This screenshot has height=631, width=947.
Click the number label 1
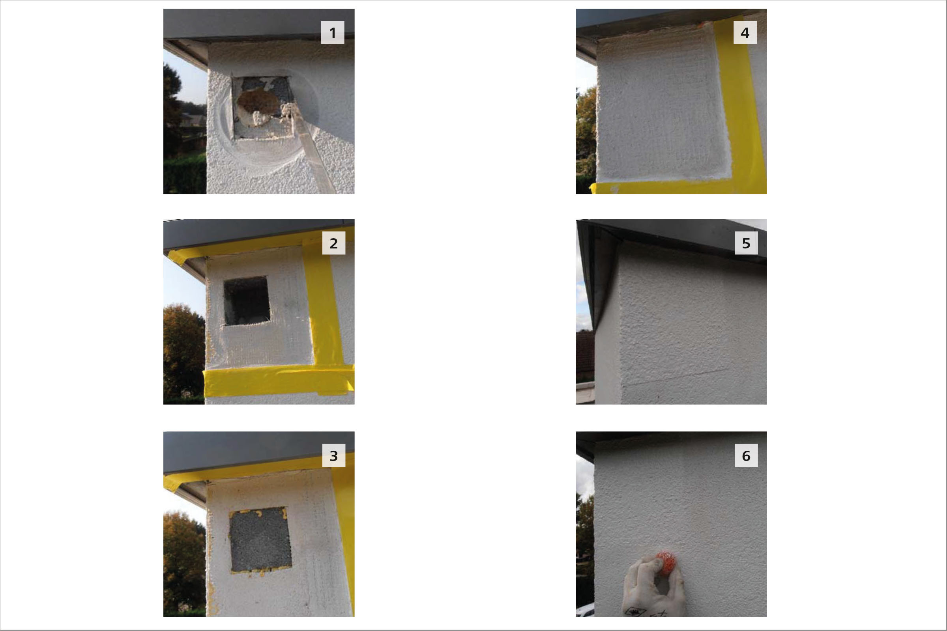(333, 33)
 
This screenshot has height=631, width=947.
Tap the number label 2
(334, 243)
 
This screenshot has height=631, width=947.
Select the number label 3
(334, 456)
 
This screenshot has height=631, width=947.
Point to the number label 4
(745, 33)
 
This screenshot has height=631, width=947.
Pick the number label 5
(746, 243)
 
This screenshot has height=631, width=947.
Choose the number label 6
(746, 456)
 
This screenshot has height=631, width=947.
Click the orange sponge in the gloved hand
(665, 563)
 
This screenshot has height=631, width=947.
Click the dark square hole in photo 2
(246, 301)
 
